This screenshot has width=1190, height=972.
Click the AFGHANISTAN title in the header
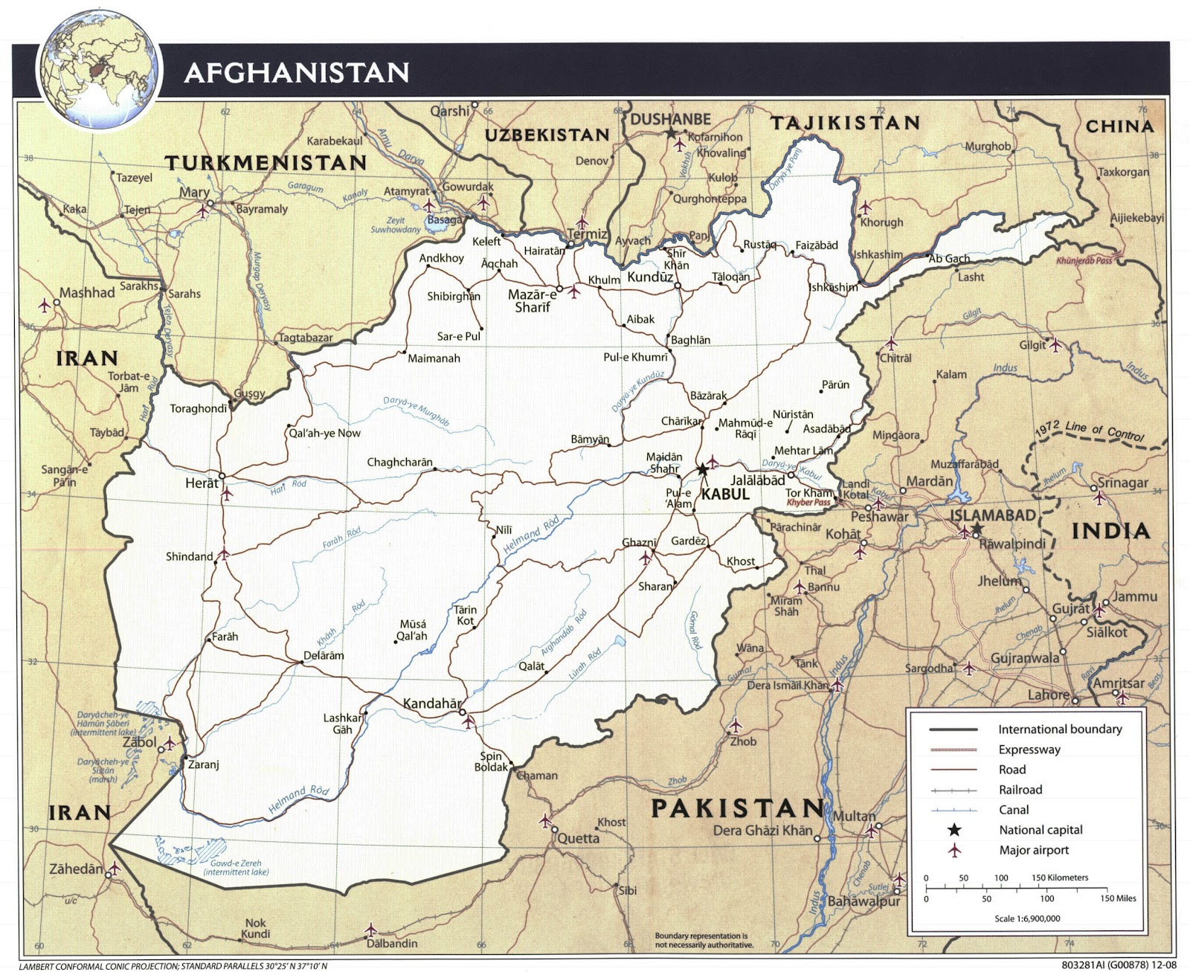[296, 73]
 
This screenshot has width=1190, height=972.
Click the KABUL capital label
[725, 494]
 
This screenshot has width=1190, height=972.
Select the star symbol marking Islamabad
[977, 527]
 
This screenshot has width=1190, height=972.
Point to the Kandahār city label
[432, 703]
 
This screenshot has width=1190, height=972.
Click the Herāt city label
[202, 483]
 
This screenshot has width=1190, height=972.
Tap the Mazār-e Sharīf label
[533, 300]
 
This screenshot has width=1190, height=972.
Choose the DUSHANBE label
[670, 120]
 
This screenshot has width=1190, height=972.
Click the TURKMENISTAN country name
[266, 163]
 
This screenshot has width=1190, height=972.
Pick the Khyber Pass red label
[808, 503]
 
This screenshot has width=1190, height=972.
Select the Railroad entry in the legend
[1020, 790]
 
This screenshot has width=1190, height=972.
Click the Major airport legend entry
[1034, 850]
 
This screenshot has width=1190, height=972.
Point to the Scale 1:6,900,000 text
[1027, 918]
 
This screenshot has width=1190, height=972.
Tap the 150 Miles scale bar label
[1118, 898]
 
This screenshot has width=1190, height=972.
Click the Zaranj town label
[203, 765]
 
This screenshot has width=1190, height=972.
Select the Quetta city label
[579, 838]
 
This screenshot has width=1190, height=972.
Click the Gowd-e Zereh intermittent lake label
[236, 867]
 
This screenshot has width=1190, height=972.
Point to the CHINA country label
[1119, 126]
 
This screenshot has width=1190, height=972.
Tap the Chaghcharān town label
[399, 463]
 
